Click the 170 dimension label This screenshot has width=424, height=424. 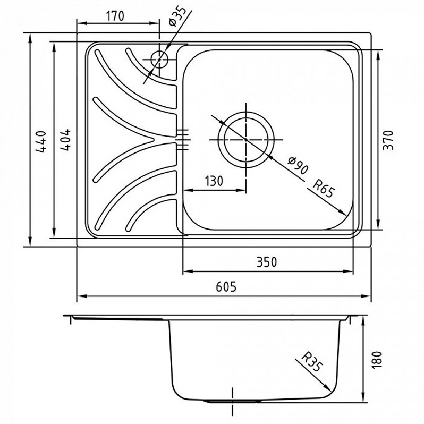(x=115, y=16)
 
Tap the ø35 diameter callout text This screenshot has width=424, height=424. (x=177, y=16)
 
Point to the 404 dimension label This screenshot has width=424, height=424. (x=65, y=140)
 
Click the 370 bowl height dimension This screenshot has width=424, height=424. (x=388, y=140)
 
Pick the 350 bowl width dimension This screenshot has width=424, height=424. (x=267, y=262)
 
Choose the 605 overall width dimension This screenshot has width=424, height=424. (x=226, y=287)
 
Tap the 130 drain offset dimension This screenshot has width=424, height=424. (x=214, y=181)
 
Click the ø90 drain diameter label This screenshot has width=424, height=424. (x=298, y=165)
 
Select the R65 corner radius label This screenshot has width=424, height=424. (x=324, y=188)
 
